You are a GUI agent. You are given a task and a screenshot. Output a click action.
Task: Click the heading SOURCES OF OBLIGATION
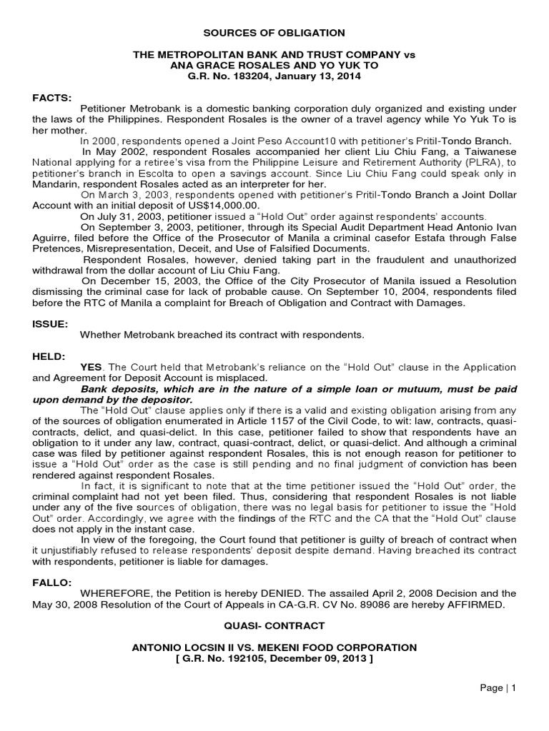[274, 33]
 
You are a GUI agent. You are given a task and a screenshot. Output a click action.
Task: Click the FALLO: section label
[53, 583]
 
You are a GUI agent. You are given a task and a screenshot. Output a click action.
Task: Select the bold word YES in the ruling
[91, 367]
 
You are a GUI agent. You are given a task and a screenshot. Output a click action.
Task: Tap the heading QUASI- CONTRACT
[274, 626]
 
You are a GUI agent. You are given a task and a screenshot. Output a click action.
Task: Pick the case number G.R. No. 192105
[230, 658]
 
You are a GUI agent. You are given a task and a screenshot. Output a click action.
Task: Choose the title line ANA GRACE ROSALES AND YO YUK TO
[274, 65]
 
